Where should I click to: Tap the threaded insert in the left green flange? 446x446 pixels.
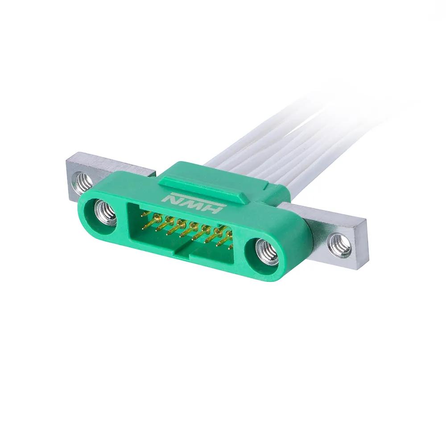tap(105, 214)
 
